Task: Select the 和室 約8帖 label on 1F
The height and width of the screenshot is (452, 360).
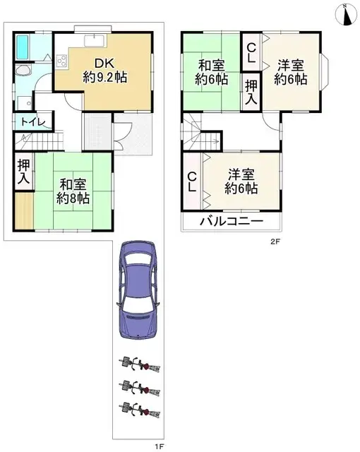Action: pos(73,191)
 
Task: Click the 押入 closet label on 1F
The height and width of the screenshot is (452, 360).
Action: pos(23,173)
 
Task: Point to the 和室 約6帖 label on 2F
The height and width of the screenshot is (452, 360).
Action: pos(212,72)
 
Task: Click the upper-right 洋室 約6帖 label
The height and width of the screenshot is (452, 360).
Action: pos(292,72)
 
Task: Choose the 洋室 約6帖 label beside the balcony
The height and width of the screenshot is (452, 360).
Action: pos(241,181)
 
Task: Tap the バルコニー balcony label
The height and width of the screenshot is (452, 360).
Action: pos(231,221)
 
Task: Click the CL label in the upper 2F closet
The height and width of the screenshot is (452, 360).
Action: pos(251,53)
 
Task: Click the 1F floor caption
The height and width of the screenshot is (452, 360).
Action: pos(160,445)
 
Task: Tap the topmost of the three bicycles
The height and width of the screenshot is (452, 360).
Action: pos(140,364)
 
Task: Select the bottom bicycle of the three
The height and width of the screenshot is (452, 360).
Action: pos(140,408)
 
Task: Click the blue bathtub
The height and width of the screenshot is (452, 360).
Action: pos(23,47)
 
